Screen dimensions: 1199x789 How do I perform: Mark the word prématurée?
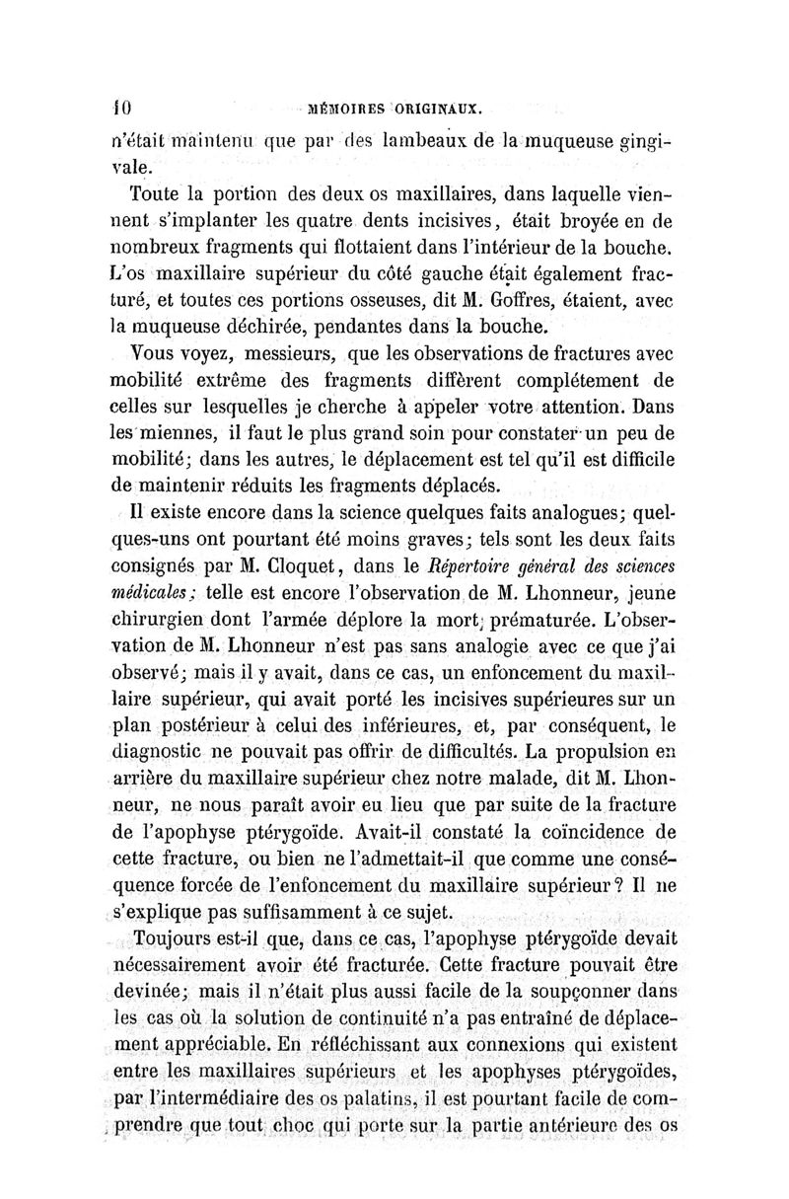tap(539, 618)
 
